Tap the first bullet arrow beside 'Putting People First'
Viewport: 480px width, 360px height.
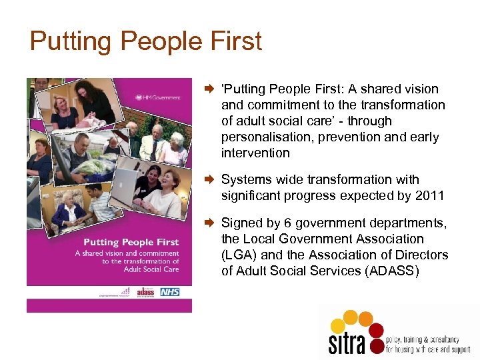(x=208, y=89)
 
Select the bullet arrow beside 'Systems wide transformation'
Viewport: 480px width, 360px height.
(x=208, y=179)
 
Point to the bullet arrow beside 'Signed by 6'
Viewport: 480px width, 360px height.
(x=208, y=223)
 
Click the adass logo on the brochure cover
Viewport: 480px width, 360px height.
(x=145, y=292)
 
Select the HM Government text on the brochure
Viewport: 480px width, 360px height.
(x=159, y=97)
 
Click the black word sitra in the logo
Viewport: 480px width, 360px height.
(x=347, y=341)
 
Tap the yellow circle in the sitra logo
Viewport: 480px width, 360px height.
(x=339, y=325)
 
